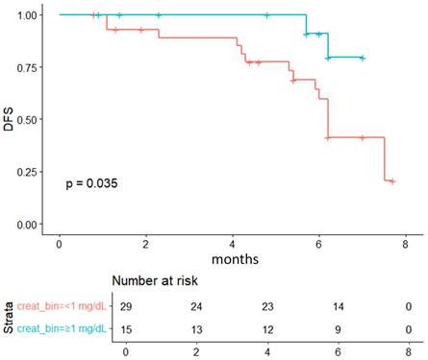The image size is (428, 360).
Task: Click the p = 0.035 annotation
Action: (91, 182)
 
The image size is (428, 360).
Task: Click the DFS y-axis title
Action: (9, 119)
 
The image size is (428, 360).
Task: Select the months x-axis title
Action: (231, 258)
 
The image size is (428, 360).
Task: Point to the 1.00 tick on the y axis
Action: (31, 15)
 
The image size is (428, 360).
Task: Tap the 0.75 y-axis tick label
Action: (31, 67)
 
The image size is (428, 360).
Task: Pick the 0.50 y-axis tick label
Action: (31, 120)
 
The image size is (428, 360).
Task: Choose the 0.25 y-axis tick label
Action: (31, 172)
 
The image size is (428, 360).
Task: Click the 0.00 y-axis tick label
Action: (31, 225)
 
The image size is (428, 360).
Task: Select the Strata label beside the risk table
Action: (9, 318)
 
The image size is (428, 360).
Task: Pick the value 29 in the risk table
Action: (125, 306)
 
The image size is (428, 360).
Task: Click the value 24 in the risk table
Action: (195, 306)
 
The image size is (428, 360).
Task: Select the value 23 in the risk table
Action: (265, 306)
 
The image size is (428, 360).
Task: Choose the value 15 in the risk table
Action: (125, 329)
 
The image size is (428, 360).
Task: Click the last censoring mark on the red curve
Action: (391, 180)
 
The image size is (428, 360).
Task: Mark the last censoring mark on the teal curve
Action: (362, 58)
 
